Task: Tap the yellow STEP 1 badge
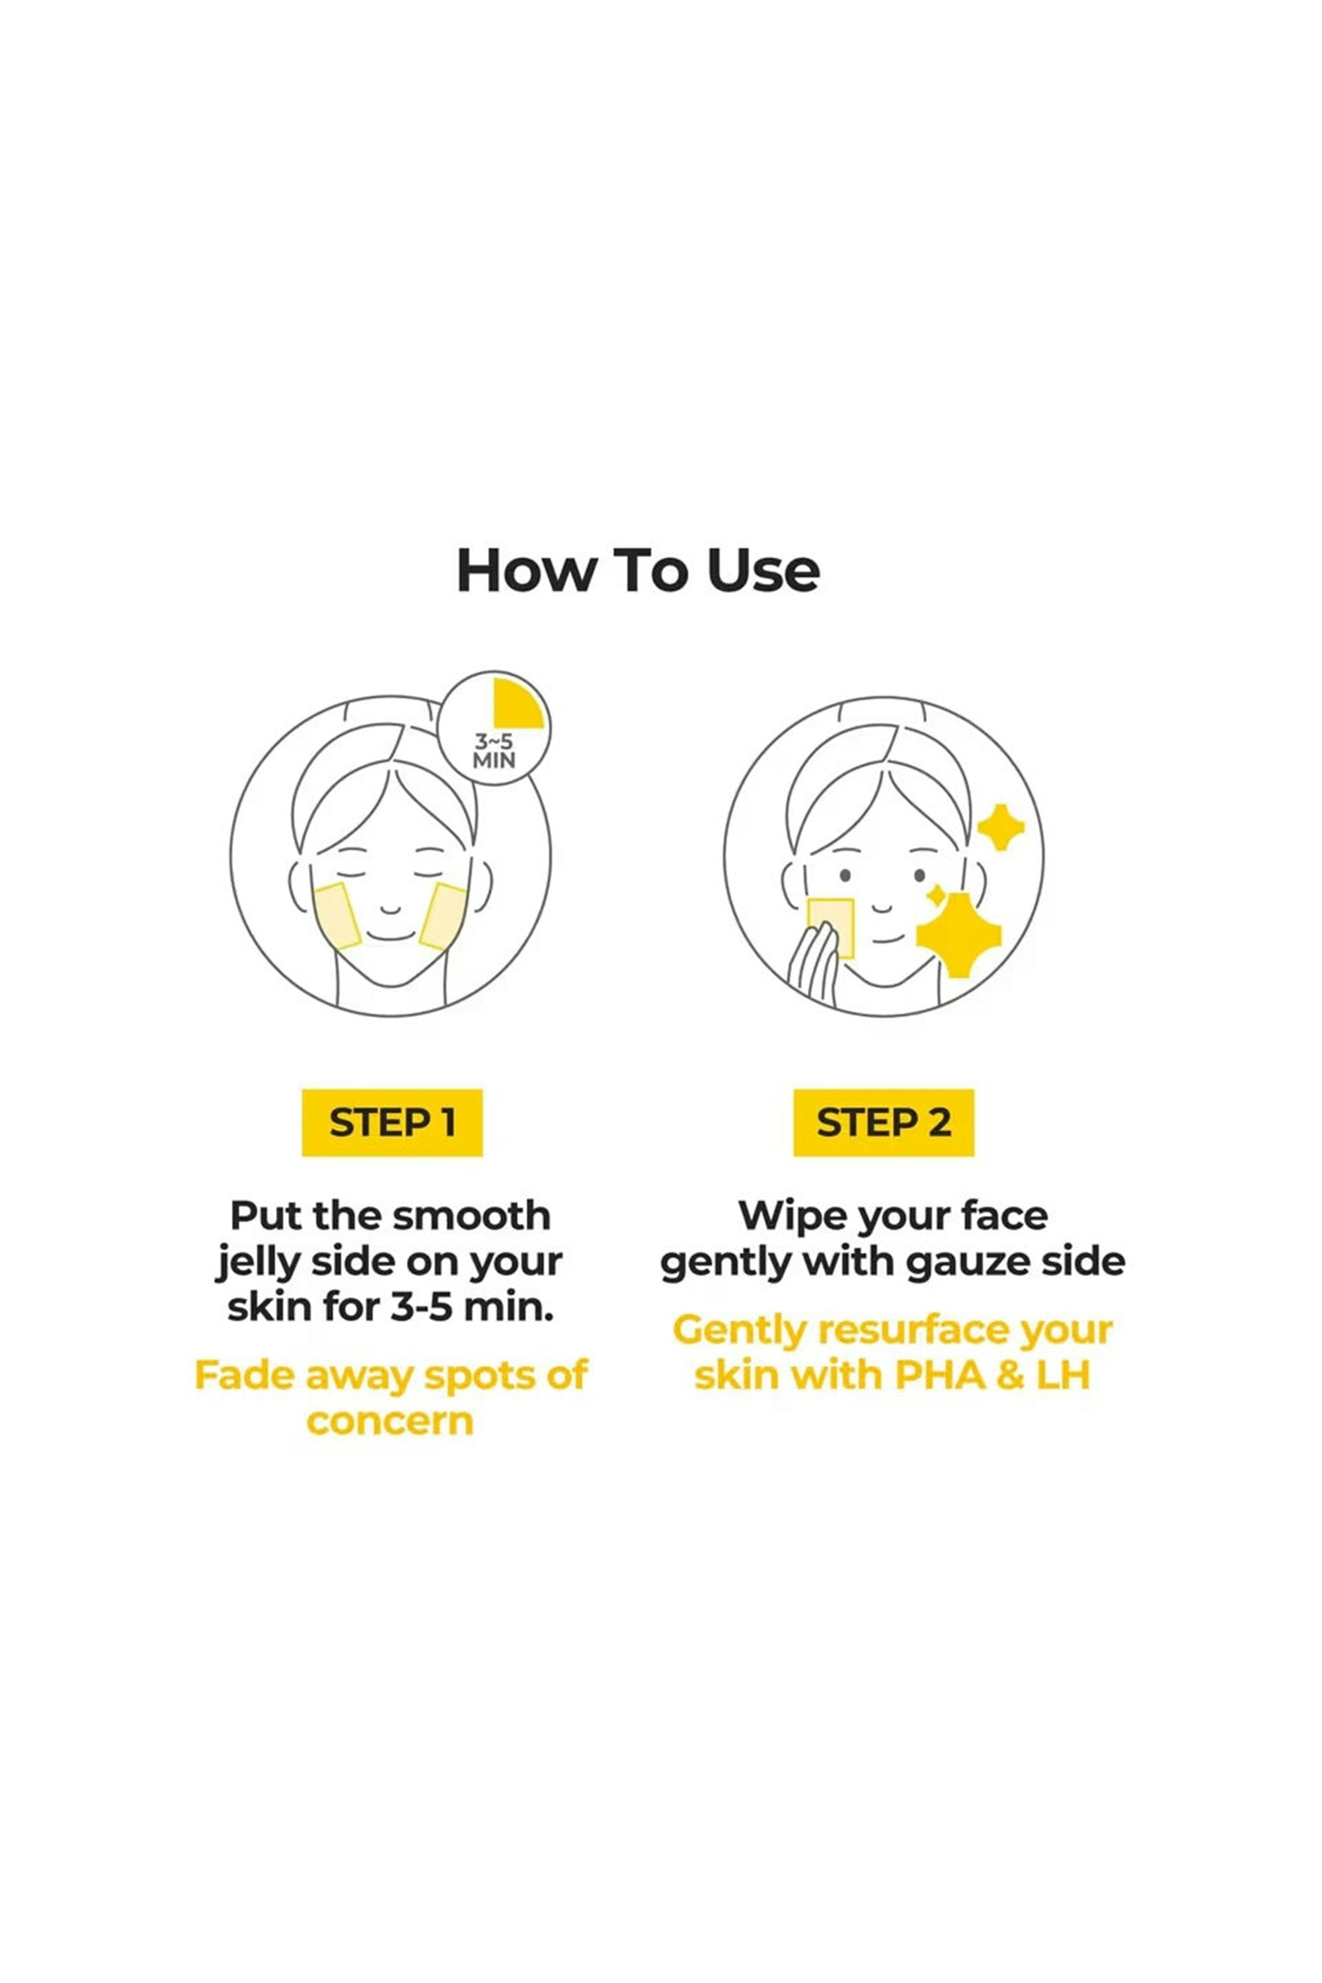tap(392, 1122)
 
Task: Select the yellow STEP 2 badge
tap(884, 1122)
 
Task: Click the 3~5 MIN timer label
tap(494, 750)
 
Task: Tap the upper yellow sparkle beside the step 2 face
tap(1000, 827)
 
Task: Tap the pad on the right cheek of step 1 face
tap(444, 916)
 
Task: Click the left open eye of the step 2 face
tap(845, 876)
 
